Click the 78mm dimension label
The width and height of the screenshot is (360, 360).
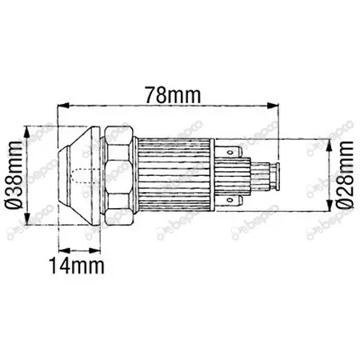pyautogui.click(x=173, y=95)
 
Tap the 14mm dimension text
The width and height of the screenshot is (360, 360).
pyautogui.click(x=77, y=266)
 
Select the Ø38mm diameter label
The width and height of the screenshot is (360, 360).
pyautogui.click(x=14, y=175)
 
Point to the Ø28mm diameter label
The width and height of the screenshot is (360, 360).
pyautogui.click(x=345, y=174)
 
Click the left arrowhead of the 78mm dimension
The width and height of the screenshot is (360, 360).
pyautogui.click(x=64, y=106)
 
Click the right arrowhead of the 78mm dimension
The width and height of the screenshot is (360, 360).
pyautogui.click(x=273, y=106)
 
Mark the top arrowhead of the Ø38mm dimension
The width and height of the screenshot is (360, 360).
pyautogui.click(x=26, y=132)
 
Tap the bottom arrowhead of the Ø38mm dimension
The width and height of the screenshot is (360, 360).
pyautogui.click(x=26, y=219)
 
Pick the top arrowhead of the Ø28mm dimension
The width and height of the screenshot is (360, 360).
pyautogui.click(x=330, y=145)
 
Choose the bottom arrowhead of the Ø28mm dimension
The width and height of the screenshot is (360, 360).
pyautogui.click(x=330, y=206)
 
